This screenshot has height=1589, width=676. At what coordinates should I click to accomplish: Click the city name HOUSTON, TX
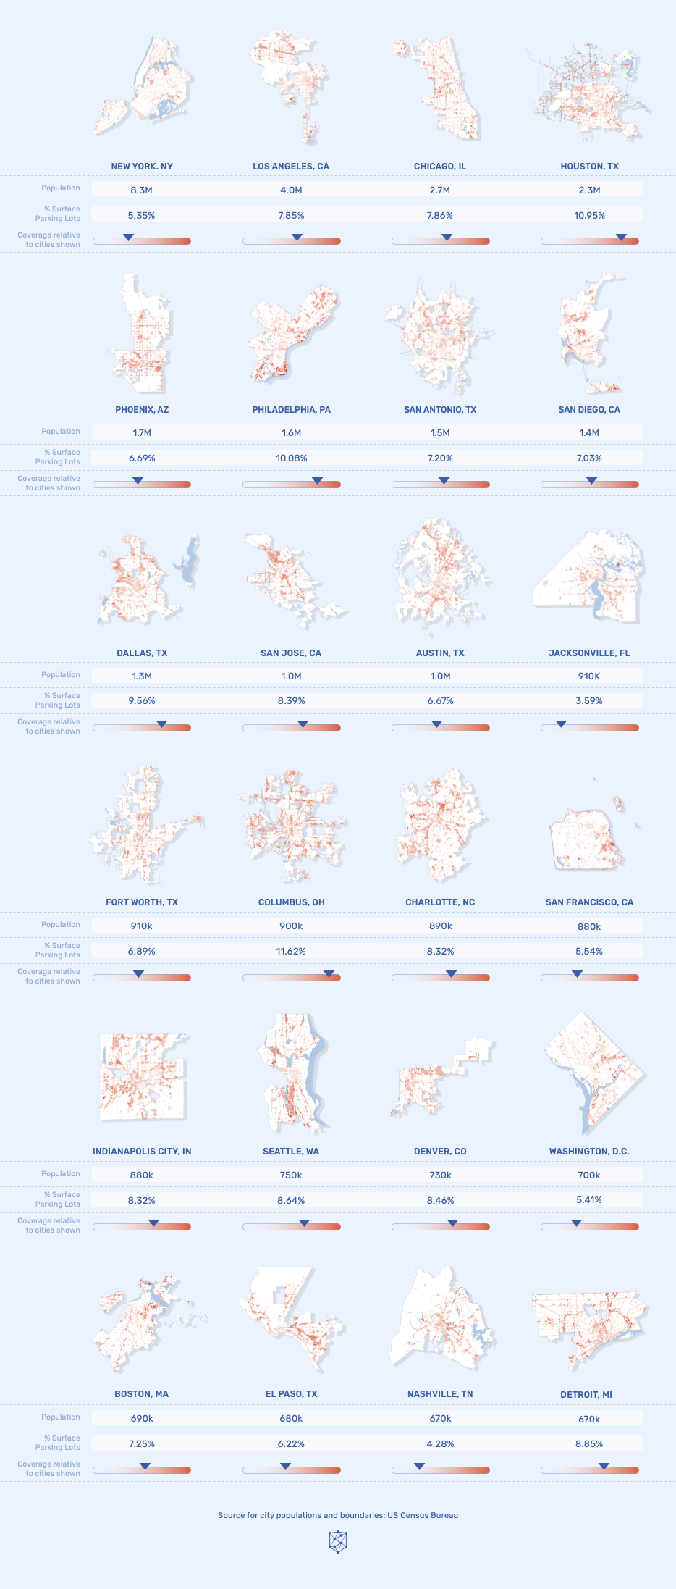pyautogui.click(x=589, y=167)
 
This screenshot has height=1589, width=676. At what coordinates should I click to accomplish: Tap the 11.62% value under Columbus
pyautogui.click(x=291, y=951)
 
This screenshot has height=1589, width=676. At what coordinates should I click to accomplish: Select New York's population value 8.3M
pyautogui.click(x=142, y=190)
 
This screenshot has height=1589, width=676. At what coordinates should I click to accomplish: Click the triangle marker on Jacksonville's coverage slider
pyautogui.click(x=561, y=724)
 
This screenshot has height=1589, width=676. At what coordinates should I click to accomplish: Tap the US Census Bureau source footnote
pyautogui.click(x=338, y=1514)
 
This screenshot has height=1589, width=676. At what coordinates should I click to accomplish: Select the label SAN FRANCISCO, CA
pyautogui.click(x=589, y=902)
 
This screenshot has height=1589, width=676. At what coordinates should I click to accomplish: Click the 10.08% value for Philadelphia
pyautogui.click(x=291, y=458)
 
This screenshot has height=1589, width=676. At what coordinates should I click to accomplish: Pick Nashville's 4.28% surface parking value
pyautogui.click(x=440, y=1443)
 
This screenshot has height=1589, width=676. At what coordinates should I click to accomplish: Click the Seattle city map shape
pyautogui.click(x=291, y=1072)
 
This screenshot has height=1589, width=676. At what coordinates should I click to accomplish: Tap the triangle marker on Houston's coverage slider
pyautogui.click(x=621, y=237)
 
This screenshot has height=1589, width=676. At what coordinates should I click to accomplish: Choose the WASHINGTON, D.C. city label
pyautogui.click(x=589, y=1151)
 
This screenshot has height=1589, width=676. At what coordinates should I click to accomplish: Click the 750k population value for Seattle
pyautogui.click(x=291, y=1175)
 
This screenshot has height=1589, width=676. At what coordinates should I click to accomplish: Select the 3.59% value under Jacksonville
pyautogui.click(x=589, y=700)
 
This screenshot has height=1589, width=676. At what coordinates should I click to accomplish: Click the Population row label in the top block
pyautogui.click(x=61, y=188)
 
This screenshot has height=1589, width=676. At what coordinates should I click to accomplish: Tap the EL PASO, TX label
pyautogui.click(x=291, y=1393)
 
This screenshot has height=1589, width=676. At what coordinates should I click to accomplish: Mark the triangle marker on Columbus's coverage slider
pyautogui.click(x=329, y=973)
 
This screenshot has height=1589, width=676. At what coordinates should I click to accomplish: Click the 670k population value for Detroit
pyautogui.click(x=589, y=1419)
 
